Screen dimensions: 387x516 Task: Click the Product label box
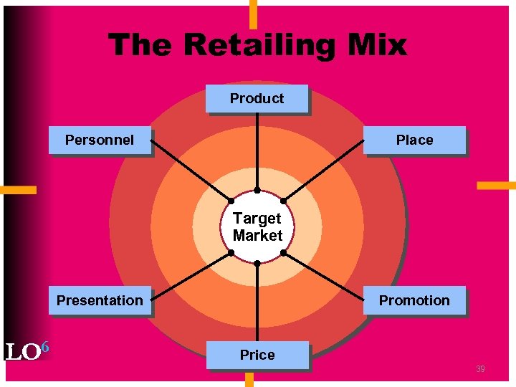click(x=257, y=99)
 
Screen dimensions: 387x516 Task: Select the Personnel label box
click(x=100, y=140)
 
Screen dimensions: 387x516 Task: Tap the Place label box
click(x=414, y=140)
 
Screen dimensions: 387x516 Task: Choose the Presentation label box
click(x=100, y=300)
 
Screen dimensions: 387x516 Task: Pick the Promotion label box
click(x=414, y=300)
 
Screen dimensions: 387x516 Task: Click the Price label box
click(x=257, y=355)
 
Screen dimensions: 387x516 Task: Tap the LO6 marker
click(x=27, y=351)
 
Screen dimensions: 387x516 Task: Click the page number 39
click(x=480, y=369)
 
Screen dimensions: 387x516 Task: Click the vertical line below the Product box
click(x=257, y=150)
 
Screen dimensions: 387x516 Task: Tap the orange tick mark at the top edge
click(x=252, y=13)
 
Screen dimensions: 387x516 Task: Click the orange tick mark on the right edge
click(x=496, y=186)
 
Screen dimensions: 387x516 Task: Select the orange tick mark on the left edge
click(x=18, y=190)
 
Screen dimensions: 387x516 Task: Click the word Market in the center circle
click(x=257, y=236)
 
